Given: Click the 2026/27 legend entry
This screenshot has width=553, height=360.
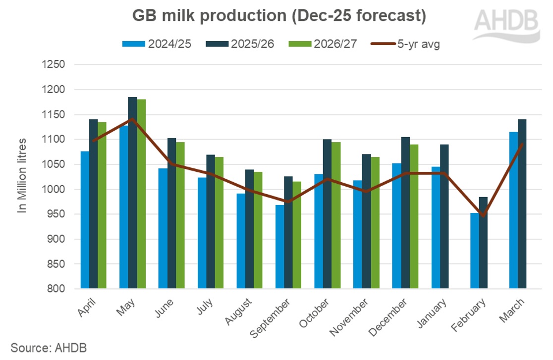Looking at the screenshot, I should pos(332,44).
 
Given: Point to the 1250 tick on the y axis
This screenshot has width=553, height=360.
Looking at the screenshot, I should pos(55,65).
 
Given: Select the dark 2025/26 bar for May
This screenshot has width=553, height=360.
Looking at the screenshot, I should pos(133,193).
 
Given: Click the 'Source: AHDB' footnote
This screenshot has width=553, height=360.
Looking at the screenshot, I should pos(45,348).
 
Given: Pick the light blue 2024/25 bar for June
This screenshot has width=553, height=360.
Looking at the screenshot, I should pos(163,228).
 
